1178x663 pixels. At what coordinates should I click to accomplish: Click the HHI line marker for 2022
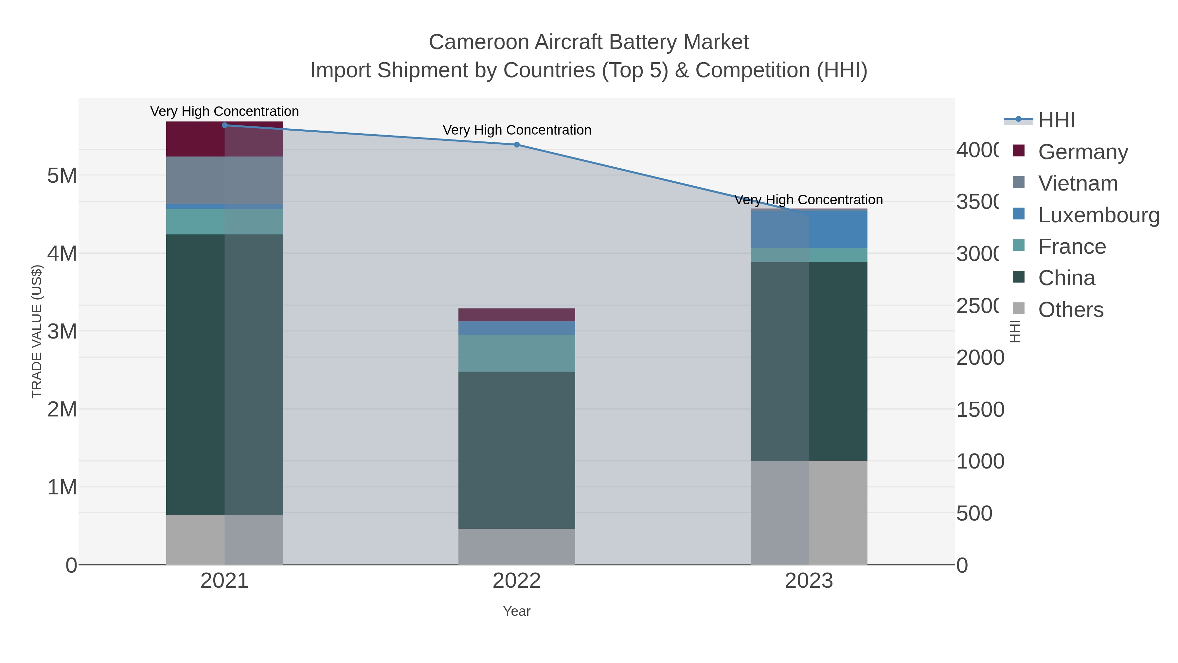pos(516,145)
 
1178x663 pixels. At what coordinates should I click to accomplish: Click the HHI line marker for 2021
pos(224,125)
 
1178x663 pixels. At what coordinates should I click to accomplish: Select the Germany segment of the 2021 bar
pos(224,139)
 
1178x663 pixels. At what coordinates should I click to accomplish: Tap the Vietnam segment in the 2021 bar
pos(224,180)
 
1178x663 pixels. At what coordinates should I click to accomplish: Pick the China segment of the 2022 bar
pos(516,450)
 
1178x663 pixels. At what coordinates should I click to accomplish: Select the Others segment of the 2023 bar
pos(809,512)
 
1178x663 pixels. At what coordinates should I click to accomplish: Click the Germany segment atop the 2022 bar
pos(516,315)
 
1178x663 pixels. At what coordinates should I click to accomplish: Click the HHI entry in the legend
pos(1056,120)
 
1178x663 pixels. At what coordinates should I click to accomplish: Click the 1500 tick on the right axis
pos(980,410)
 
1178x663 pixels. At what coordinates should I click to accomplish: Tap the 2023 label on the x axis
pos(809,581)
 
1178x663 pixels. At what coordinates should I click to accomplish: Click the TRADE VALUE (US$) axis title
pos(37,331)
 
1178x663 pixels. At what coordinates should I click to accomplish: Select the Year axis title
pos(516,611)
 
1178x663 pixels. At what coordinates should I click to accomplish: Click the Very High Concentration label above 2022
pos(517,130)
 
